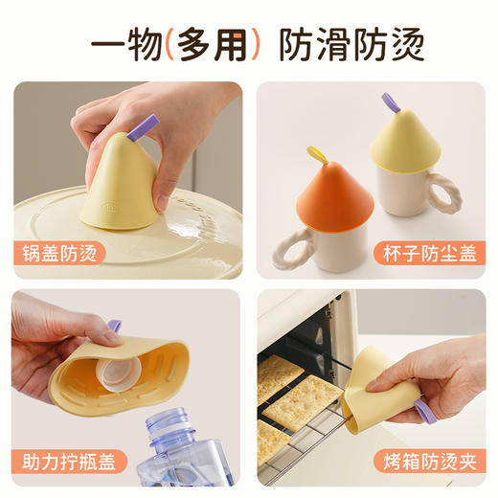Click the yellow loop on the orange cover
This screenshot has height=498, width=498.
click(314, 153)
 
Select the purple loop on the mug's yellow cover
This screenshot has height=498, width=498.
click(390, 102)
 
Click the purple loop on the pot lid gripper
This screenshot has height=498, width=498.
click(146, 124)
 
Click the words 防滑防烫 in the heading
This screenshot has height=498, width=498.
click(351, 44)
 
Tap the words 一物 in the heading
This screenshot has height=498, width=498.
click(128, 44)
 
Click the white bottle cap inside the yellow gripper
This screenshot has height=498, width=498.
click(123, 364)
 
